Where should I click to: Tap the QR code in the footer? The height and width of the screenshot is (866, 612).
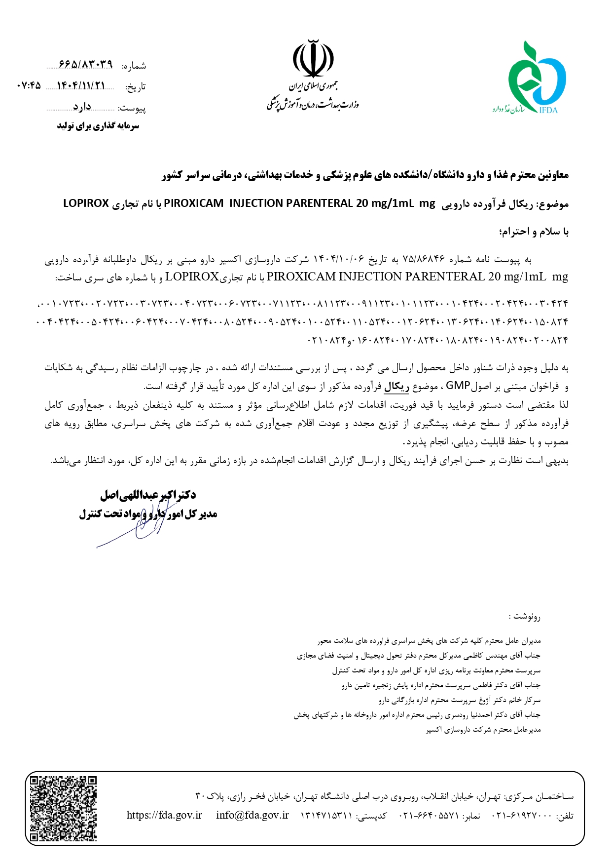coord(63,808)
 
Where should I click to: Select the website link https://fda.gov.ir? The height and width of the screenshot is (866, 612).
coord(164,815)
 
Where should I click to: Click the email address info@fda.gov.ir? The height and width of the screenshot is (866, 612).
coord(252,815)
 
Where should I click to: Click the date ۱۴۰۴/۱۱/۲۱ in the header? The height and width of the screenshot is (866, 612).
coord(81,85)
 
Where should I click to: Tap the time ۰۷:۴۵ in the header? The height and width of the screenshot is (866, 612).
coord(28,85)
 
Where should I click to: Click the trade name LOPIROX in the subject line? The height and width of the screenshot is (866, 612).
coord(86,203)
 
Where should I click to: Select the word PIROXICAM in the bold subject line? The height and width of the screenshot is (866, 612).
coord(194,203)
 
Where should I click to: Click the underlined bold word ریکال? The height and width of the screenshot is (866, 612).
coord(396,386)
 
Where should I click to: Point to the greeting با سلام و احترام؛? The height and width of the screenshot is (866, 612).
coord(534,232)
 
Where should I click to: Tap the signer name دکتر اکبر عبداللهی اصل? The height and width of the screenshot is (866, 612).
coord(148,495)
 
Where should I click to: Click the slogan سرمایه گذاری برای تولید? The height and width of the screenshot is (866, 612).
coord(98,126)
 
